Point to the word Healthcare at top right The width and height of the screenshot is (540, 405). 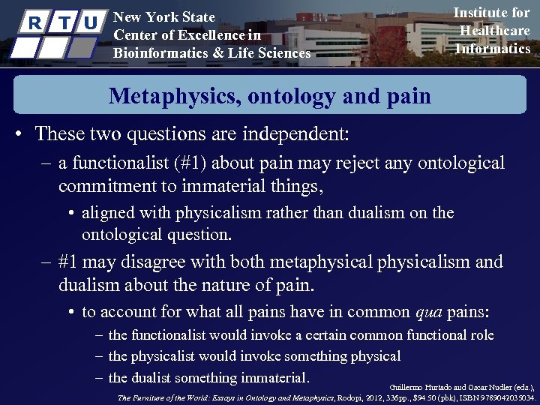pos(495,31)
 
